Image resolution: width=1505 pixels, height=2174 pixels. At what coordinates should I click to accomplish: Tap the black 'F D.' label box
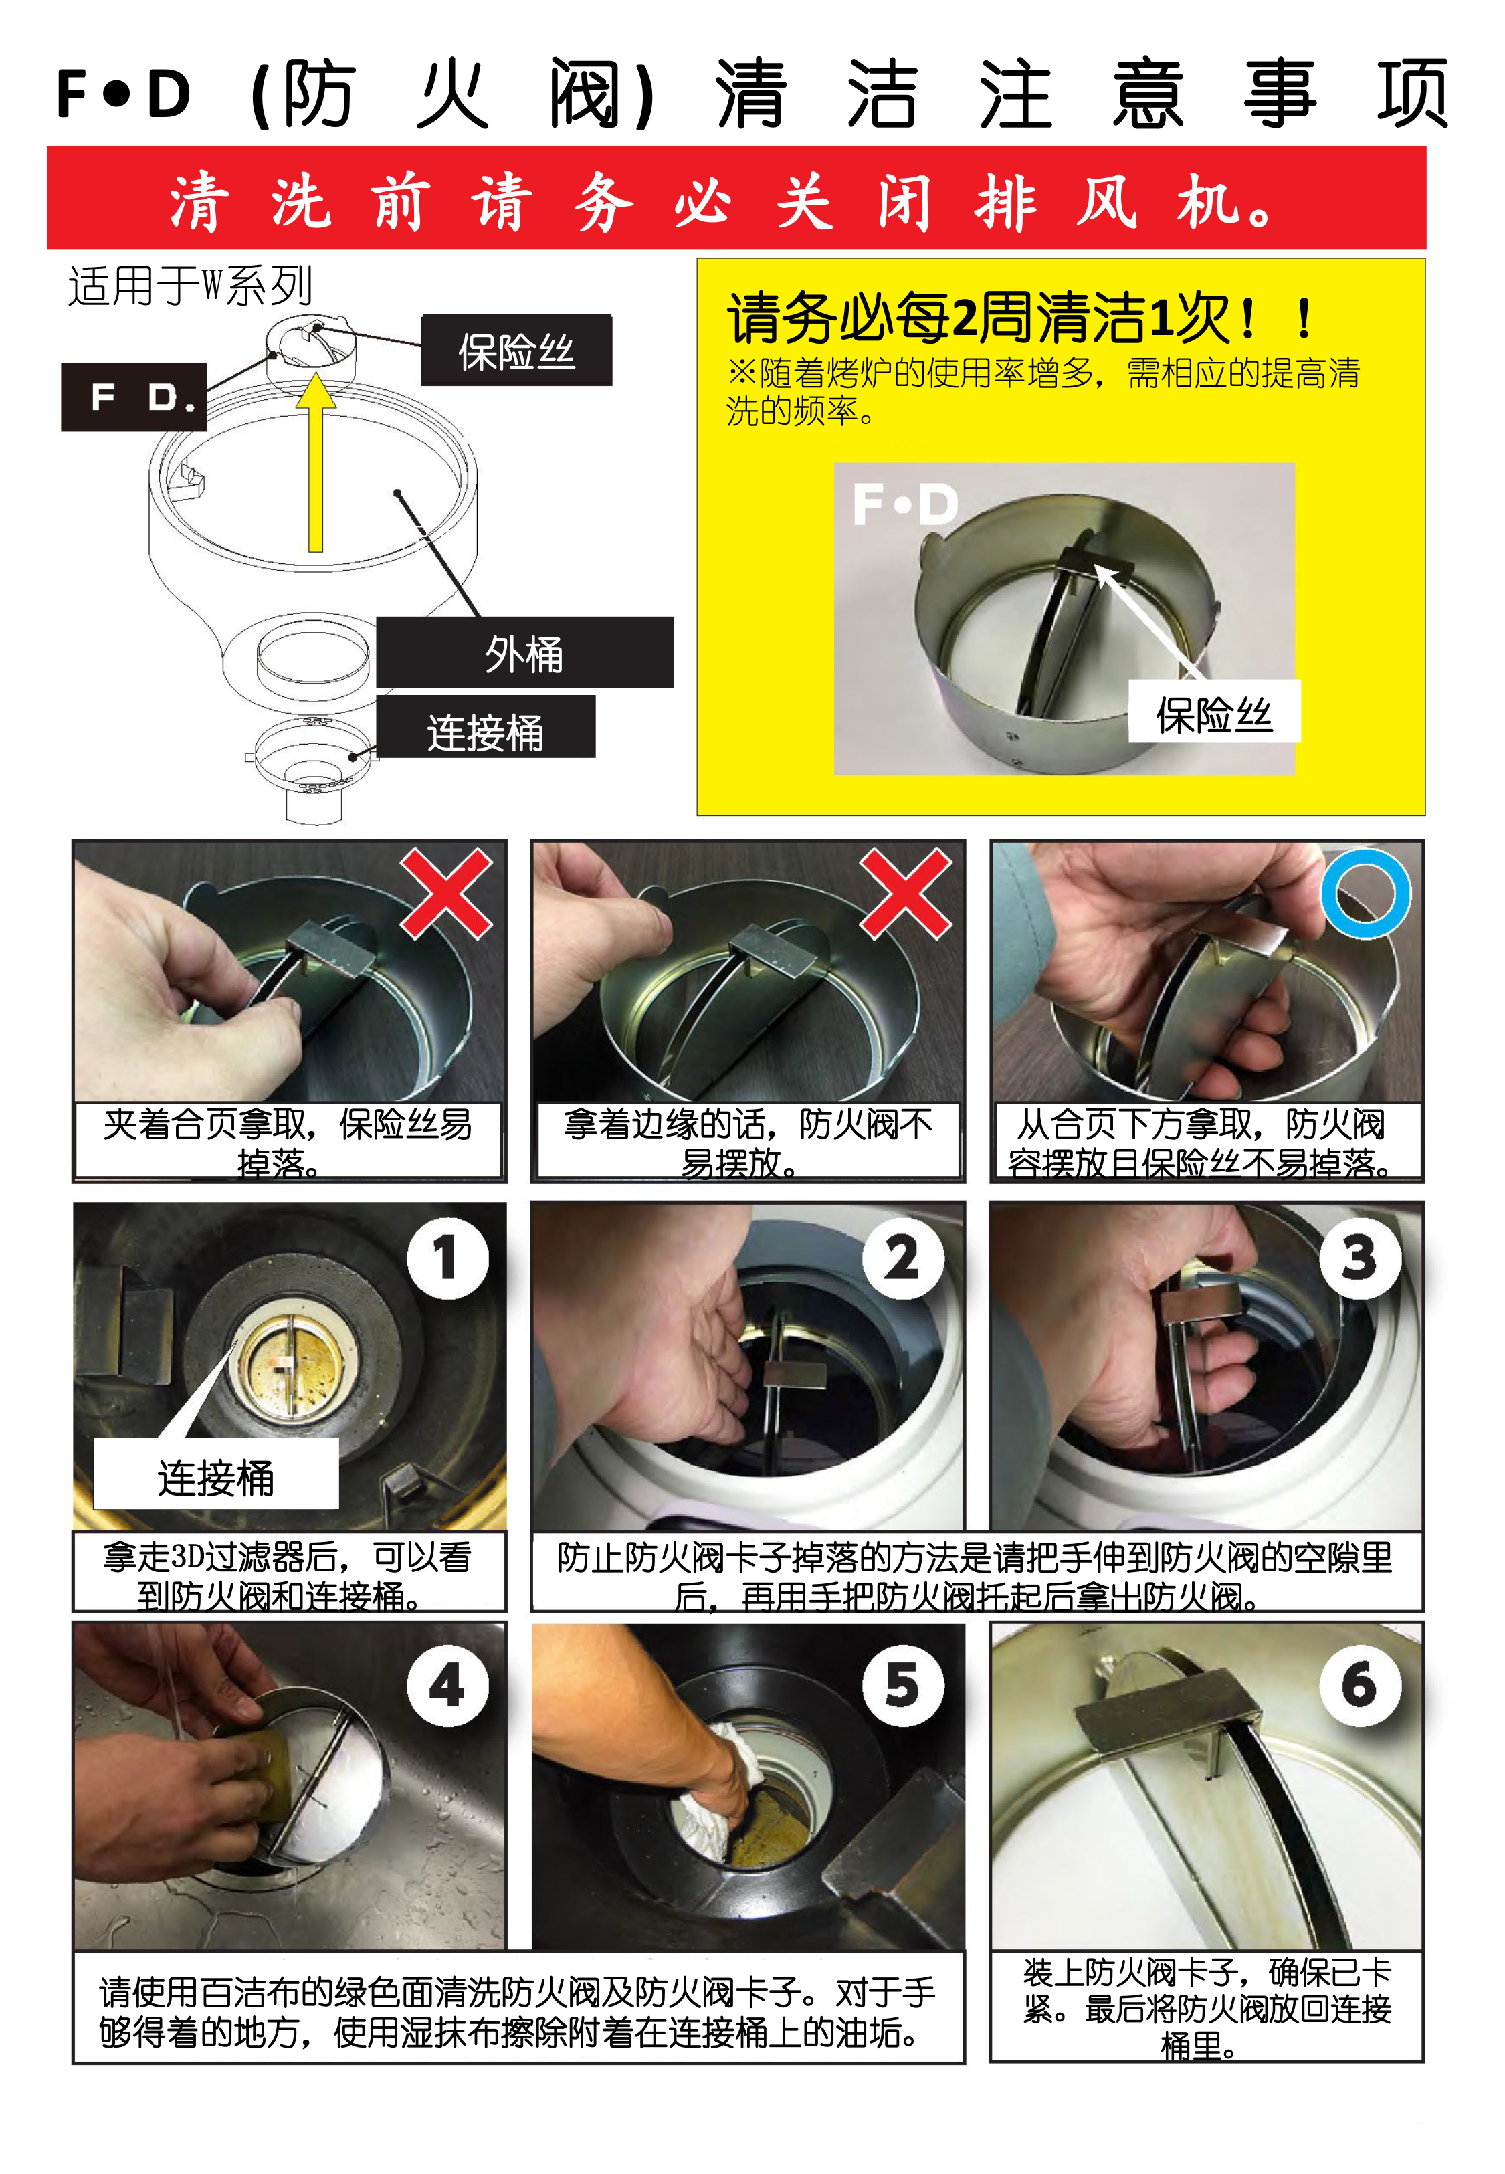(x=134, y=397)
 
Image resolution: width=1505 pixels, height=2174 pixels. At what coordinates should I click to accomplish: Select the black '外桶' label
(x=524, y=652)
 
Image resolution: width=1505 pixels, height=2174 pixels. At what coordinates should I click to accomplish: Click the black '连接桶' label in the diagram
(x=486, y=727)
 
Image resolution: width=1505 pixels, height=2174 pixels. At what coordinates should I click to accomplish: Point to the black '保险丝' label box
(x=517, y=350)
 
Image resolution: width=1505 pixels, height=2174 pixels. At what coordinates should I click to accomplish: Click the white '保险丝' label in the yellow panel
(x=1215, y=712)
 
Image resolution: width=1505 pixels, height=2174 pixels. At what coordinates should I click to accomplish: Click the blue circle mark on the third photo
(x=1365, y=893)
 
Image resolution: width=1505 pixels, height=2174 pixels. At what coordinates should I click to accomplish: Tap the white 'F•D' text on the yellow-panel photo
(x=905, y=504)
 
